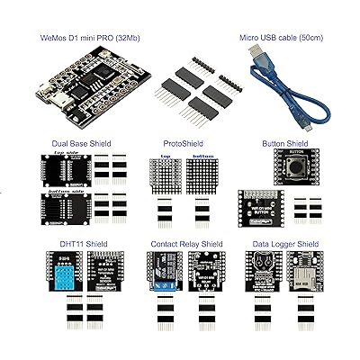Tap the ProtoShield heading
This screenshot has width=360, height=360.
click(x=183, y=142)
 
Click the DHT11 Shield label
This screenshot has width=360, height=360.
click(x=64, y=243)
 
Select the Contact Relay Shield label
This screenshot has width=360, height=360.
click(x=183, y=243)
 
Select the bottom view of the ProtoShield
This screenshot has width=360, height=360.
click(x=203, y=177)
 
